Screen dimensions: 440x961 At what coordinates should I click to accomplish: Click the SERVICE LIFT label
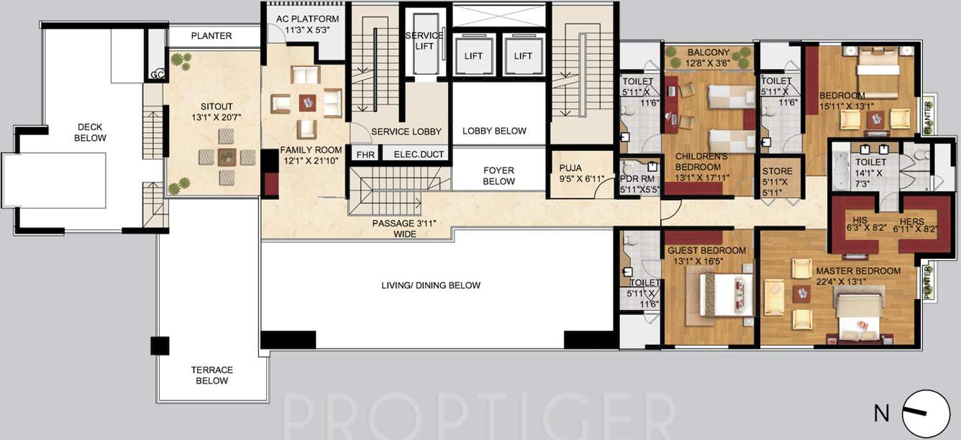pyautogui.click(x=424, y=40)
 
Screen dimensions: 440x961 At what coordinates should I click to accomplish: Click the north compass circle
pyautogui.click(x=926, y=413)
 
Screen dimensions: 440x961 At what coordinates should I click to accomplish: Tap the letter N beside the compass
pyautogui.click(x=880, y=413)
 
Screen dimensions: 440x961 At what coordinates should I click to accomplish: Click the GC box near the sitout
pyautogui.click(x=158, y=74)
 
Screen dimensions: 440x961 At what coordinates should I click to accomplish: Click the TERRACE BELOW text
pyautogui.click(x=211, y=375)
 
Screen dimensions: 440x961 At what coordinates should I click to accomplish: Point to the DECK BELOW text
pyautogui.click(x=91, y=133)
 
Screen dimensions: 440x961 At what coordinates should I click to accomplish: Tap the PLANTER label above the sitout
pyautogui.click(x=211, y=36)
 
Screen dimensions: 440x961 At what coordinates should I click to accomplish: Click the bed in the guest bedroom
pyautogui.click(x=716, y=295)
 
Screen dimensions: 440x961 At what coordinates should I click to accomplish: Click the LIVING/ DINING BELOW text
pyautogui.click(x=431, y=285)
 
